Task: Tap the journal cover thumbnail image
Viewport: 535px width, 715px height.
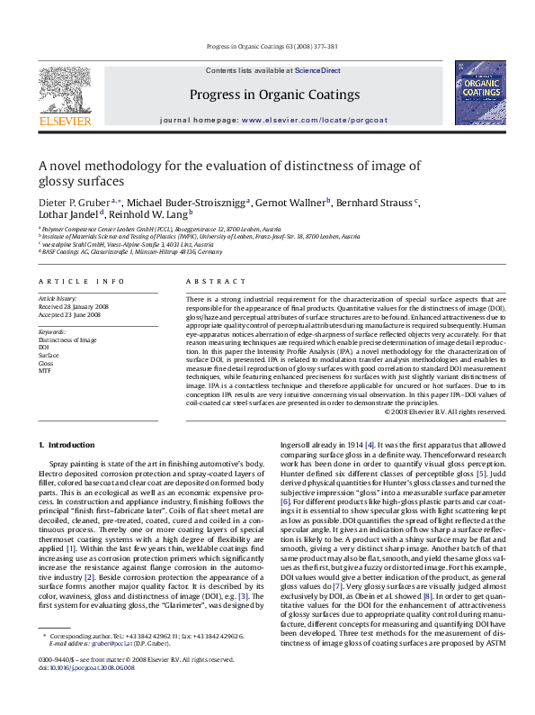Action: tap(479, 93)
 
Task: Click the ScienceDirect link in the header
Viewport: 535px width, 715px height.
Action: tap(317, 69)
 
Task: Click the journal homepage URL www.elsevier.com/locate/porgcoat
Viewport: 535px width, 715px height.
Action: tap(302, 120)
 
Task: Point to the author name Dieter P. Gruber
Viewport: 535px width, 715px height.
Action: tap(75, 202)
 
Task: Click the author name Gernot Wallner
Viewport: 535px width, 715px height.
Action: tap(295, 202)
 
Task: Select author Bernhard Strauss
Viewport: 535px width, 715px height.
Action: tap(378, 202)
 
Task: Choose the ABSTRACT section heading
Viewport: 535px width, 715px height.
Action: tap(203, 282)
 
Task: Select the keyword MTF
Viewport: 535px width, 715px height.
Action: tap(45, 370)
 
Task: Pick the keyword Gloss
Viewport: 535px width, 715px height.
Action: tap(47, 363)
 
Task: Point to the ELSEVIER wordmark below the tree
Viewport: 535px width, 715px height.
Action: tap(64, 121)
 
